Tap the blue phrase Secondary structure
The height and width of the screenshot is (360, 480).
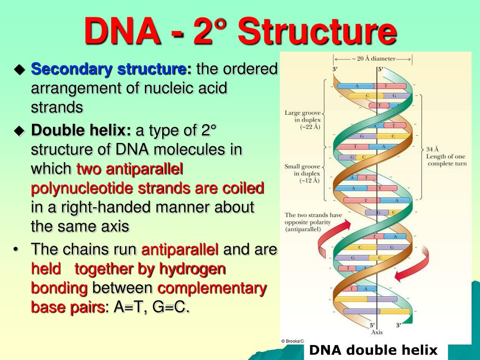[x=108, y=69]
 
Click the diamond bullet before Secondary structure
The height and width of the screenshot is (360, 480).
[x=19, y=70]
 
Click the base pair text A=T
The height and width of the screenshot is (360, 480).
[x=126, y=307]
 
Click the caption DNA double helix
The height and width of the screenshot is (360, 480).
[x=374, y=350]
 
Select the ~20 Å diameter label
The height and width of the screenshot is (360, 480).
[x=373, y=59]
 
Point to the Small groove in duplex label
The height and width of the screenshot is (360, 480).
[x=303, y=173]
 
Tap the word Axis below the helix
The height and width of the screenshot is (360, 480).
[x=377, y=332]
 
